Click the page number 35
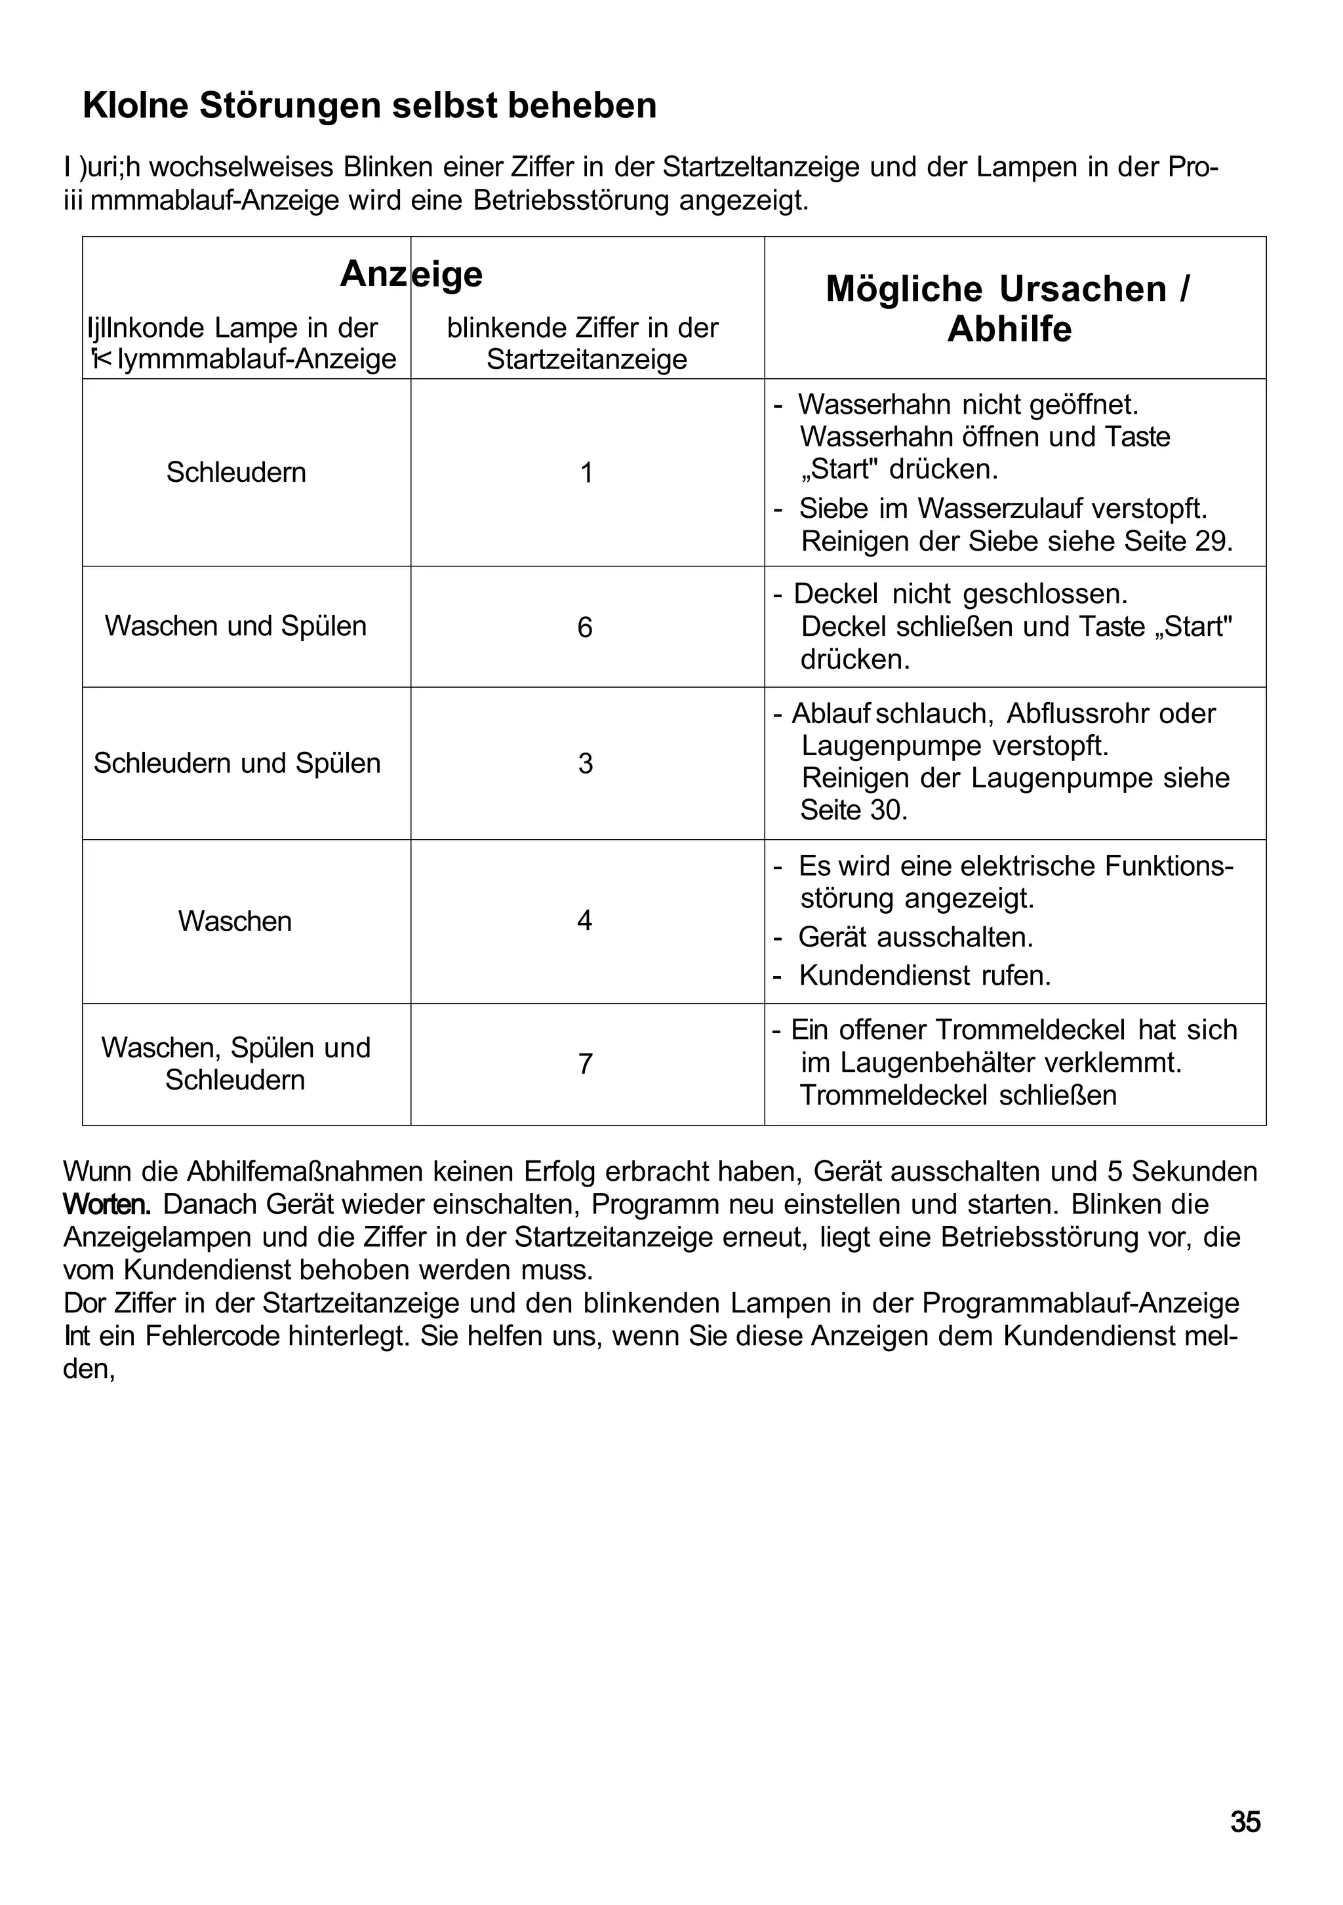click(x=1245, y=1822)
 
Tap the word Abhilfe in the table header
click(x=1009, y=329)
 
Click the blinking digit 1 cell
click(x=586, y=473)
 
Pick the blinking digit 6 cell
click(x=585, y=627)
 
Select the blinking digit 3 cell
click(x=585, y=763)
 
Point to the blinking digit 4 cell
click(x=584, y=921)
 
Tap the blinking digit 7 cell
click(x=585, y=1064)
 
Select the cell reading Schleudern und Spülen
click(x=237, y=763)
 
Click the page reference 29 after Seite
click(x=1214, y=541)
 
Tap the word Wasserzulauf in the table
click(x=999, y=508)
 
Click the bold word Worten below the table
click(x=107, y=1204)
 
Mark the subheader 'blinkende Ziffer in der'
click(x=582, y=328)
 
